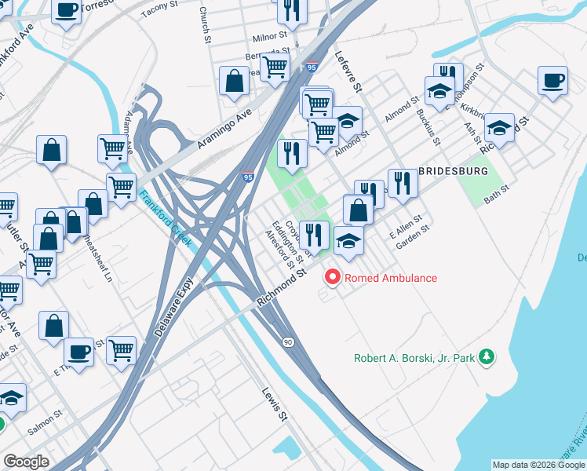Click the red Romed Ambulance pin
333,278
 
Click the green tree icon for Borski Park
487,358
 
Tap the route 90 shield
289,342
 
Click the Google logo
27,462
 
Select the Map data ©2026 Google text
538,465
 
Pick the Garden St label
413,236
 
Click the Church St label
204,26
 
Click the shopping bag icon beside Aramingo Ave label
235,80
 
